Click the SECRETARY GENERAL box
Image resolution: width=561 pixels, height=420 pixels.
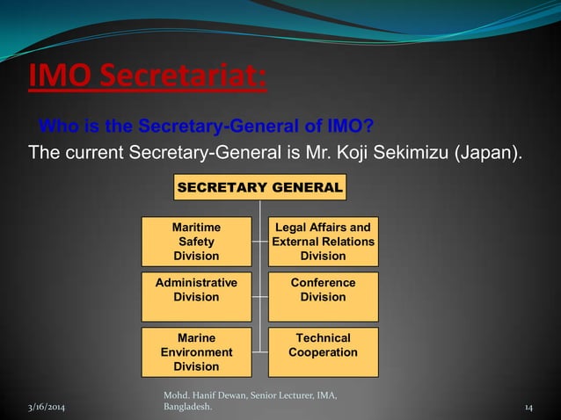point(260,187)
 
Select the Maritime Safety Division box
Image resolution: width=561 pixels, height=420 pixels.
point(196,242)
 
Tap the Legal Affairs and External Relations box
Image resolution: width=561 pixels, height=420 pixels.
point(323,242)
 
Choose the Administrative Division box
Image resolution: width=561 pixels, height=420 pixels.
point(196,296)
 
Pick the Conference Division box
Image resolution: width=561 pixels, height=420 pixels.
point(323,296)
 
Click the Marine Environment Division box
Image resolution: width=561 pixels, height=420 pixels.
point(196,351)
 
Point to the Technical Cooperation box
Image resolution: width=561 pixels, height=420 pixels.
point(323,351)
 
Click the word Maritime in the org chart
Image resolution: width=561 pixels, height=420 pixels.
point(196,228)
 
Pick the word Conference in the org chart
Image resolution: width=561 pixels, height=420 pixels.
point(323,283)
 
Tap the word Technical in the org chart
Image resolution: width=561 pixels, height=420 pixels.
point(323,338)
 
